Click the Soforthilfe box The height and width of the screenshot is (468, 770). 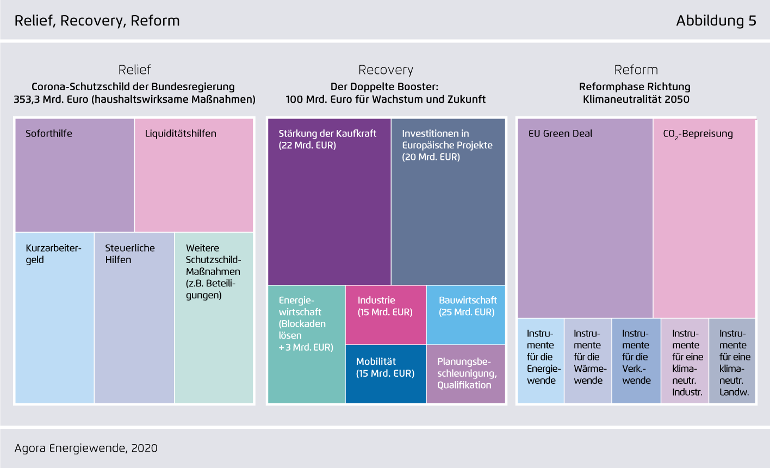click(74, 175)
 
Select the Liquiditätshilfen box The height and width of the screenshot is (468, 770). click(194, 175)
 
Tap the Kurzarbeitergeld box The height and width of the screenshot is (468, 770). click(55, 318)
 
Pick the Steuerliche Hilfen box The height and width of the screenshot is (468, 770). click(134, 318)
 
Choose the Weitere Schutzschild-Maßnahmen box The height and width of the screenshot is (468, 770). click(214, 318)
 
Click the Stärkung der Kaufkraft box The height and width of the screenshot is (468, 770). click(330, 202)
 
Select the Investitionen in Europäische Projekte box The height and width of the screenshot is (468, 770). click(448, 202)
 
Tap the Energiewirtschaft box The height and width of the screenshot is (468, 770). click(306, 344)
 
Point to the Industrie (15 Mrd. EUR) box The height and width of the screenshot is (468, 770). click(386, 315)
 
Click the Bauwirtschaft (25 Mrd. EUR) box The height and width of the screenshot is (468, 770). click(466, 315)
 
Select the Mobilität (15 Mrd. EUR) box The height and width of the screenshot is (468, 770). click(386, 374)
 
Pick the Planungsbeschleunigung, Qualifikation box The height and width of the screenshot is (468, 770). click(466, 374)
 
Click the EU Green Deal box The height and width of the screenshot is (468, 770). click(585, 218)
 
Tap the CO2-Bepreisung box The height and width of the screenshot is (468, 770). click(704, 218)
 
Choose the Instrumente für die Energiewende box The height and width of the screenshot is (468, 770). click(541, 361)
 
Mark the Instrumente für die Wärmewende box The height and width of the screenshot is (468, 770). click(588, 361)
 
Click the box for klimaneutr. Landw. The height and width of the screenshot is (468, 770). click(732, 361)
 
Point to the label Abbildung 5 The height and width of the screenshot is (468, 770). click(716, 21)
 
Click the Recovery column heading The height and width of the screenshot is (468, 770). click(386, 70)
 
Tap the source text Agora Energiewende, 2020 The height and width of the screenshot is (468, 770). click(86, 448)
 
